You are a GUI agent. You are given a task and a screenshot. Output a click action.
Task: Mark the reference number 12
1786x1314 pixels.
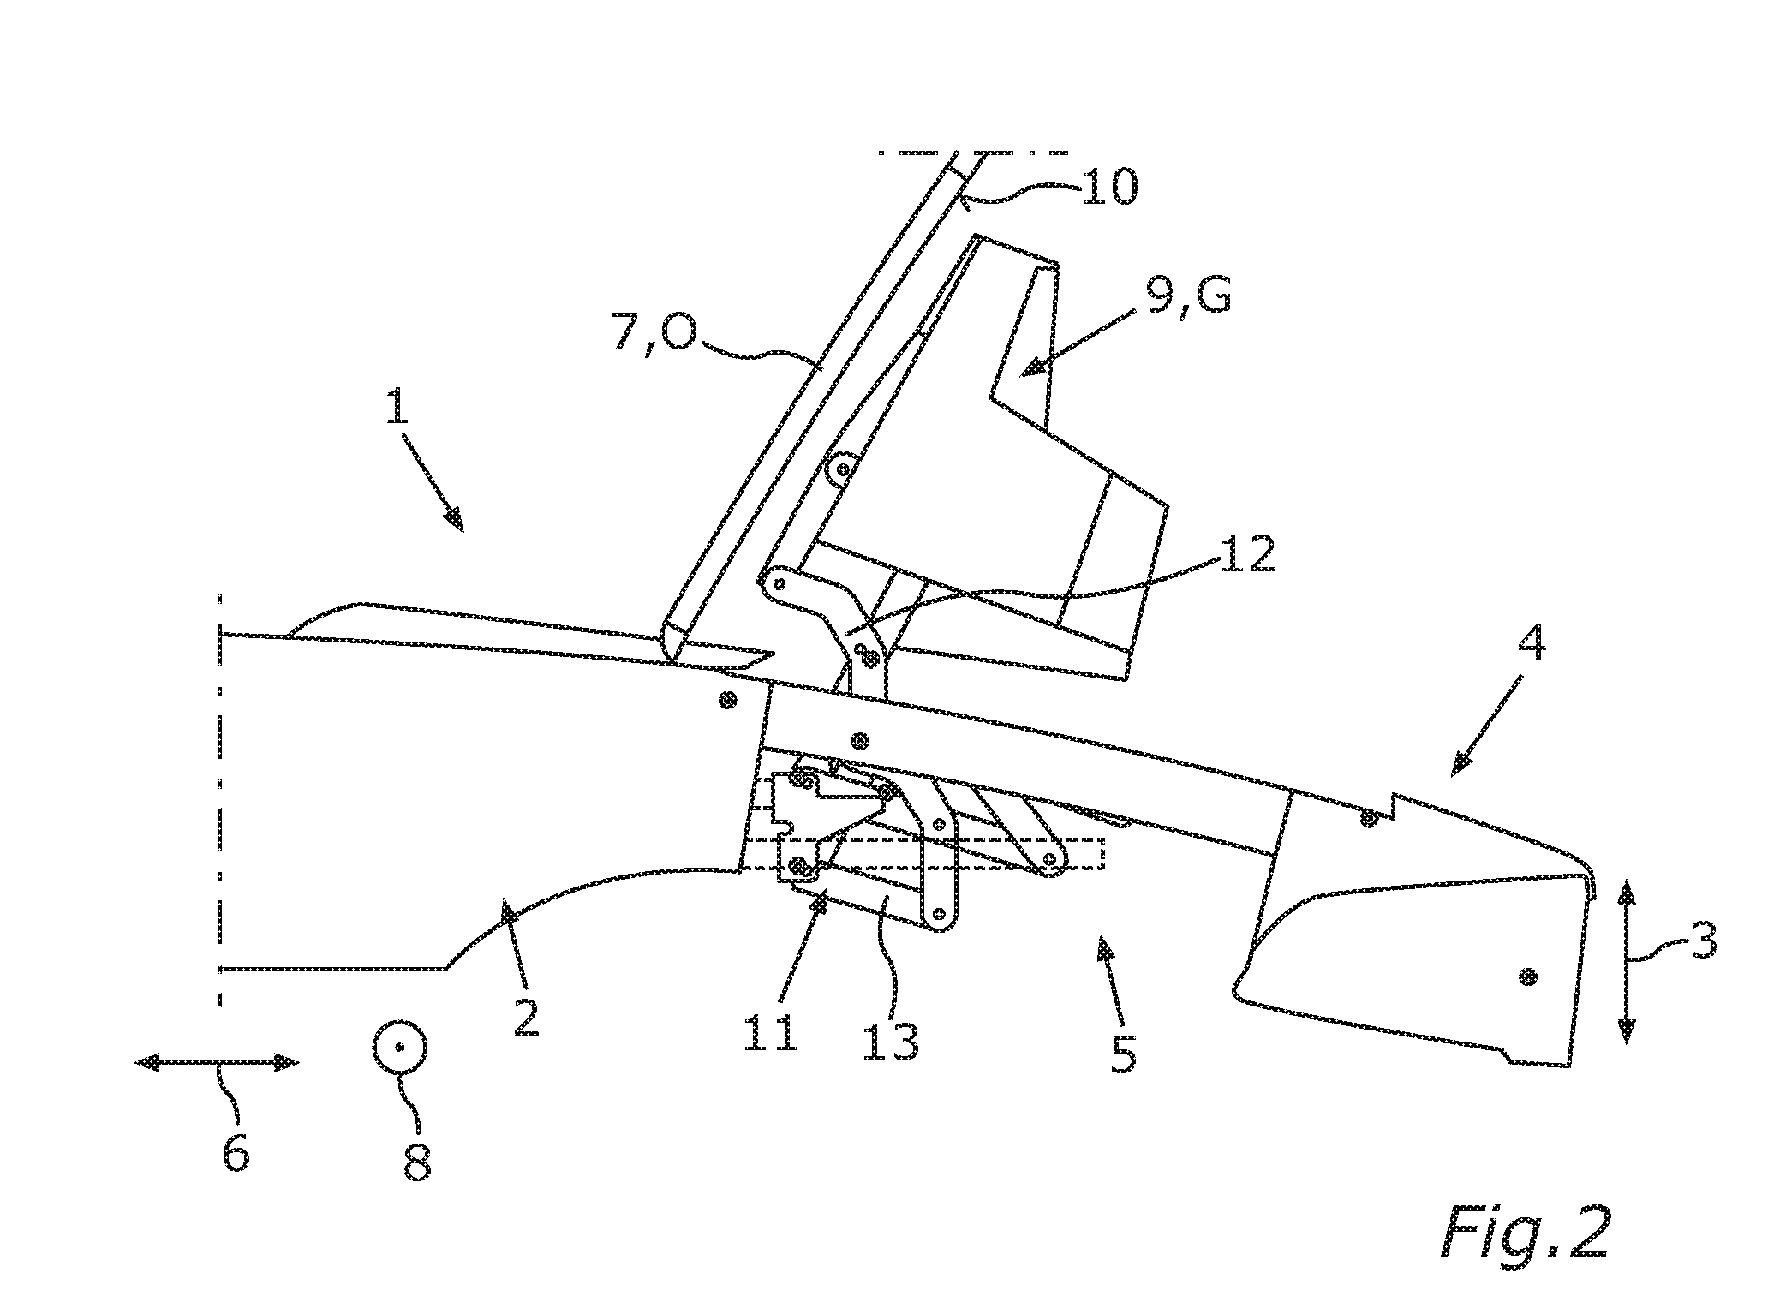pos(1247,554)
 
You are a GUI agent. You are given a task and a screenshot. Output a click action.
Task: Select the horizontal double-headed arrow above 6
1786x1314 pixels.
pos(218,1063)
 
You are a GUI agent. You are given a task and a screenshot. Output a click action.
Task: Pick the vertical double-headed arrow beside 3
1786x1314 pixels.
pos(1626,964)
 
